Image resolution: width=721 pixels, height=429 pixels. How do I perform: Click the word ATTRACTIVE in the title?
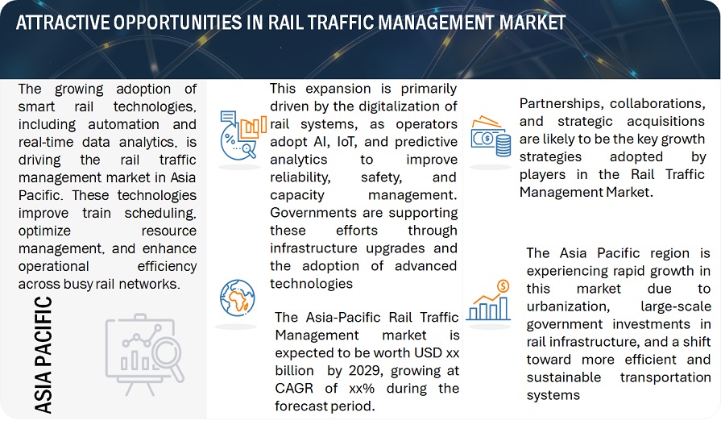point(63,22)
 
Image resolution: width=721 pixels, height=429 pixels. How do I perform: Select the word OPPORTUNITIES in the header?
point(177,22)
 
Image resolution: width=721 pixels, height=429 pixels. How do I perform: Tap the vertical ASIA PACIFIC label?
point(44,355)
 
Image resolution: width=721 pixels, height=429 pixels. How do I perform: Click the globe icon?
point(238,298)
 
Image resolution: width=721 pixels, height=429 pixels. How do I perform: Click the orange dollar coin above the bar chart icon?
point(503,286)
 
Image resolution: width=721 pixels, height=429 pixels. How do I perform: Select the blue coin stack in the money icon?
point(503,145)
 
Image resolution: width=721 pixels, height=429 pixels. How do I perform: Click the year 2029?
point(366,371)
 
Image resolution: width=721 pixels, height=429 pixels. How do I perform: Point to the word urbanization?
point(568,306)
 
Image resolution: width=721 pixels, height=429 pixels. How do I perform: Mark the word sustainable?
point(564,377)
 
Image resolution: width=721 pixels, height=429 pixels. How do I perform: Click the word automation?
point(124,124)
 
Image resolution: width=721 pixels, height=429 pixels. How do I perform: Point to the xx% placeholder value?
point(362,389)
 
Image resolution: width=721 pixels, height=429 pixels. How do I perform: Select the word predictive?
point(427,142)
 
